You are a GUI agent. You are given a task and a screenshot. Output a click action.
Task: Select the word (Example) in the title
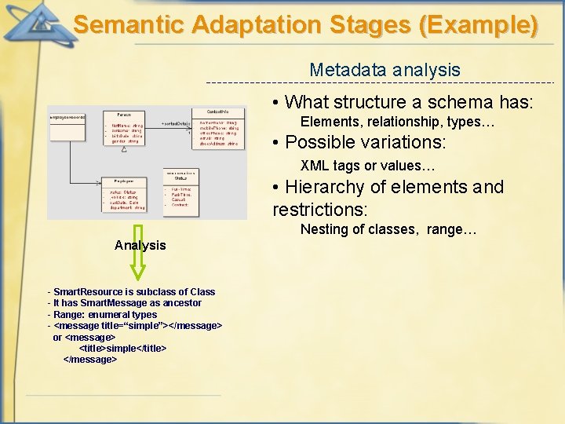click(x=479, y=24)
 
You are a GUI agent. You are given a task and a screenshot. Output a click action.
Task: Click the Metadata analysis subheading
click(x=385, y=69)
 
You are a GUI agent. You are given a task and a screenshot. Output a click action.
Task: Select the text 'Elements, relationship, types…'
click(x=398, y=122)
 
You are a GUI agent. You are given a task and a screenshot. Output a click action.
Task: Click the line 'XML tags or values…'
click(x=368, y=166)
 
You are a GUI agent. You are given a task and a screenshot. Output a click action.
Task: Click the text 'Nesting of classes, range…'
click(x=388, y=229)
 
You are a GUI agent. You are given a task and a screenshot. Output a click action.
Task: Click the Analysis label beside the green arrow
click(x=140, y=245)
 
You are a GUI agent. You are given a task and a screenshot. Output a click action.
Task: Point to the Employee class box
click(x=125, y=193)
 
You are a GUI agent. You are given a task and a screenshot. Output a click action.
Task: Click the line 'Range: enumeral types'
click(x=102, y=314)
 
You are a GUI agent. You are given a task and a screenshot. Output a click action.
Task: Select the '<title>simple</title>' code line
click(x=122, y=348)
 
